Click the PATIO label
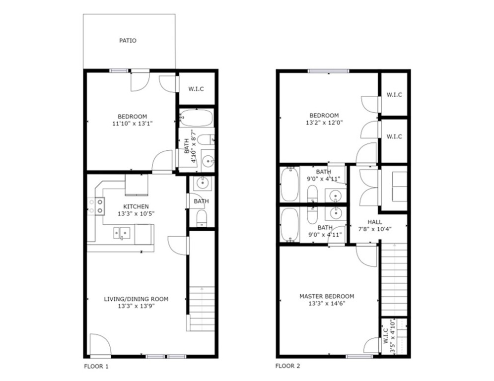click(128, 41)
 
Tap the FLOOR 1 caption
click(96, 367)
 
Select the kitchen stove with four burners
click(96, 206)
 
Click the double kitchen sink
click(122, 233)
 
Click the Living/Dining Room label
click(136, 299)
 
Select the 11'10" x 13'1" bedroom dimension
click(132, 125)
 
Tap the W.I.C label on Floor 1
click(196, 89)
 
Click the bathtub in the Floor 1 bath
click(196, 118)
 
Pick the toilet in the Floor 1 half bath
click(202, 218)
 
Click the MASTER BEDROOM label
click(326, 296)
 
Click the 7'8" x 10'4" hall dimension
click(375, 229)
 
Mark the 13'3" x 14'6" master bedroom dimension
click(326, 304)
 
